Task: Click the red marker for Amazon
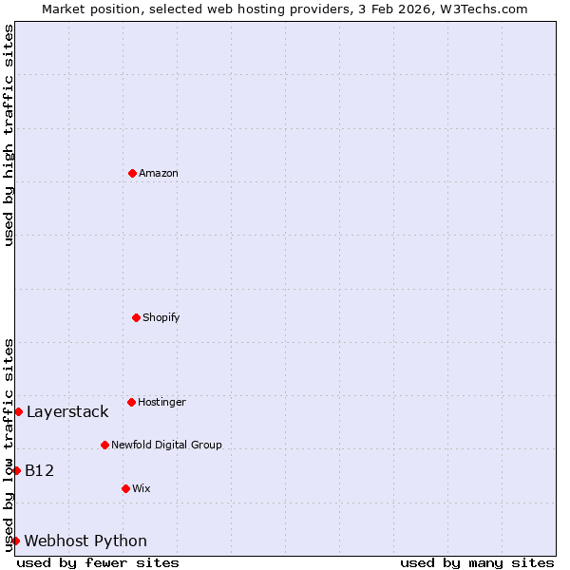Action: (132, 173)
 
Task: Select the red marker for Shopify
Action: (136, 317)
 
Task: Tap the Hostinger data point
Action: (131, 402)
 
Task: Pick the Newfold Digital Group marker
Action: (104, 445)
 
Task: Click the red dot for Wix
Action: (125, 488)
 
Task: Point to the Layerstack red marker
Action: (18, 411)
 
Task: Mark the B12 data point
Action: (16, 470)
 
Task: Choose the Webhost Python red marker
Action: (16, 541)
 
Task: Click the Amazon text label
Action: (159, 173)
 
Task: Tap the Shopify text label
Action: (161, 317)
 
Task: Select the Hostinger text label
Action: (162, 402)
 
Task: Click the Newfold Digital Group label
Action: (166, 445)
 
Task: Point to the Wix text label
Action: (142, 488)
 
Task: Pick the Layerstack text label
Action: (67, 411)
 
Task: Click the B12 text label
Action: (39, 470)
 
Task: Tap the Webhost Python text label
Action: (85, 541)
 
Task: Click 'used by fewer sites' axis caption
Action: (98, 562)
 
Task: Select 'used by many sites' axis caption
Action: (477, 562)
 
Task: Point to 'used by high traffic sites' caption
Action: (9, 135)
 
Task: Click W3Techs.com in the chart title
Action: (484, 9)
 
